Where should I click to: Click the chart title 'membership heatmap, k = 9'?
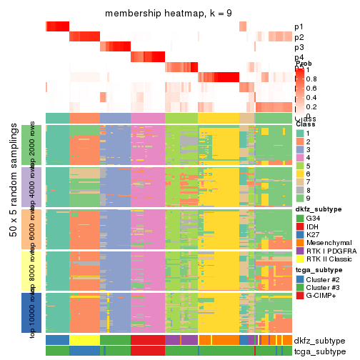tap(169, 14)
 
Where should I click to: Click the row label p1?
tap(299, 27)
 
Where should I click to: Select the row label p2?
tap(299, 37)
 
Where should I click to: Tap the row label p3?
tap(299, 47)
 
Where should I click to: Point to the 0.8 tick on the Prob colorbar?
tap(311, 79)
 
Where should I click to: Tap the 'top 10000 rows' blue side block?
tap(35, 312)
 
